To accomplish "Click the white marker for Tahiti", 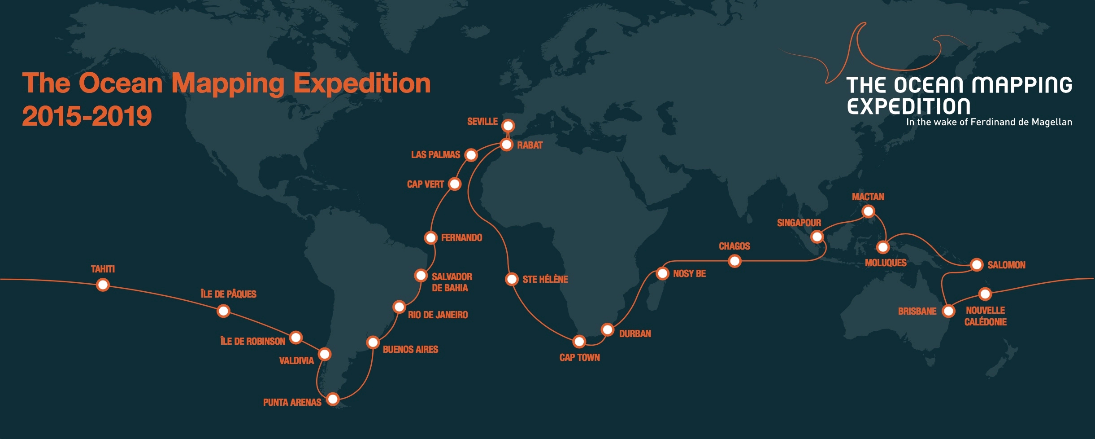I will [103, 285].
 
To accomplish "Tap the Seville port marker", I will [508, 126].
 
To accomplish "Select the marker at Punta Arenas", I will [333, 399].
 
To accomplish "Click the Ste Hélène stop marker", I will [512, 279].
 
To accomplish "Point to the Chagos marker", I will [734, 261].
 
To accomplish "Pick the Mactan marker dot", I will [868, 211].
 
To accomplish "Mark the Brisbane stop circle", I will [948, 311].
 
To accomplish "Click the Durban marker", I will [608, 330].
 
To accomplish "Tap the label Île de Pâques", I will [228, 294].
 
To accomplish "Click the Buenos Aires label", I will [410, 349].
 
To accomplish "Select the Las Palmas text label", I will [435, 155].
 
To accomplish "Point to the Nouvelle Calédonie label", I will [985, 316].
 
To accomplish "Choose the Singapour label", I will [799, 223].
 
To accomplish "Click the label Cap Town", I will [579, 357].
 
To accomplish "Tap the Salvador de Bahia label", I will [452, 282].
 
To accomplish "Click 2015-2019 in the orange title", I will [87, 116].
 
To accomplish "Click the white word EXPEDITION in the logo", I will [908, 107].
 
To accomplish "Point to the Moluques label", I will [885, 263].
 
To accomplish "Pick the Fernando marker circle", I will [430, 237].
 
